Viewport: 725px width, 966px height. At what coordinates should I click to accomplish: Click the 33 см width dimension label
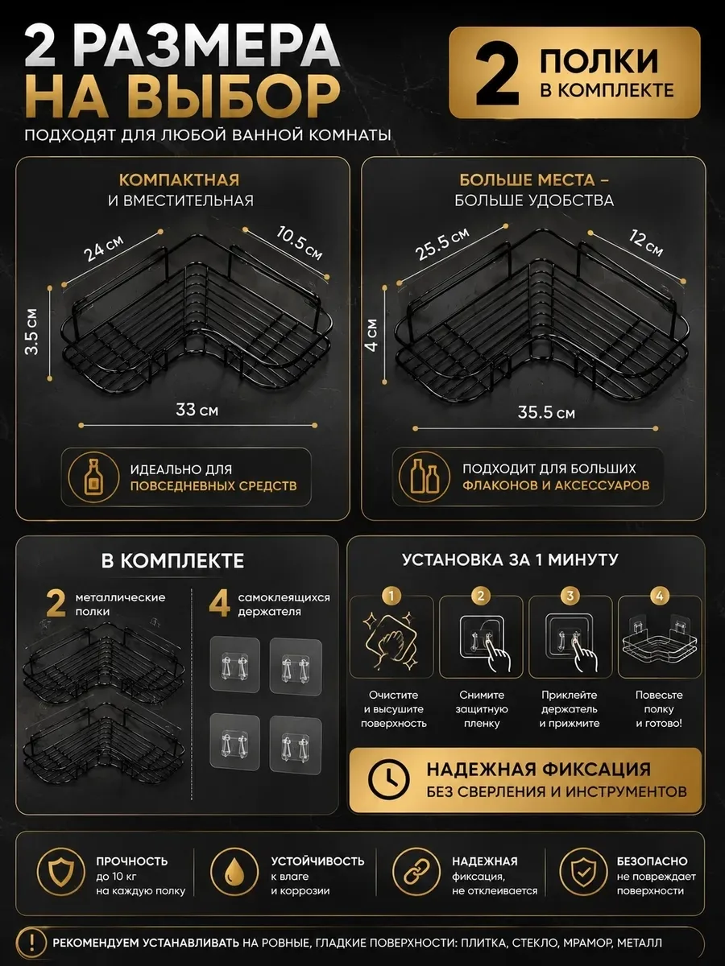pos(197,411)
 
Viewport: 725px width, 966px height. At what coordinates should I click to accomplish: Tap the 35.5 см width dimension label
pos(546,413)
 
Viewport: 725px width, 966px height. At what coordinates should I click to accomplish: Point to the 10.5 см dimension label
pos(300,242)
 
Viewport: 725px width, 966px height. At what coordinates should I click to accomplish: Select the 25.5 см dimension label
pos(442,243)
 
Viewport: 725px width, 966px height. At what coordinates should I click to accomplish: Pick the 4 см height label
pos(372,335)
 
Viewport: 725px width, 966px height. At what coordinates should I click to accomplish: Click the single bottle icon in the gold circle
pos(94,477)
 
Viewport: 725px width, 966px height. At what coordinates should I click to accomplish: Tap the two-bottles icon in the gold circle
pos(425,477)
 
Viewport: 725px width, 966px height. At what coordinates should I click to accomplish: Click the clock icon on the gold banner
pos(389,779)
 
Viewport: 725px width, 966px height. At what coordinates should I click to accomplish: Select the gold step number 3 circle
pos(570,596)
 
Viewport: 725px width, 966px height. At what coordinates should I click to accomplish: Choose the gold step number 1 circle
pos(391,596)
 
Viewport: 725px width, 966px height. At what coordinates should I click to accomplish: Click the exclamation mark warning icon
pos(31,943)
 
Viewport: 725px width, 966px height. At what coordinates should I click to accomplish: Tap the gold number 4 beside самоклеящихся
pos(220,604)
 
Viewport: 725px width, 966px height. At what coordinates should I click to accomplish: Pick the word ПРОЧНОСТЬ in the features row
pos(132,861)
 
